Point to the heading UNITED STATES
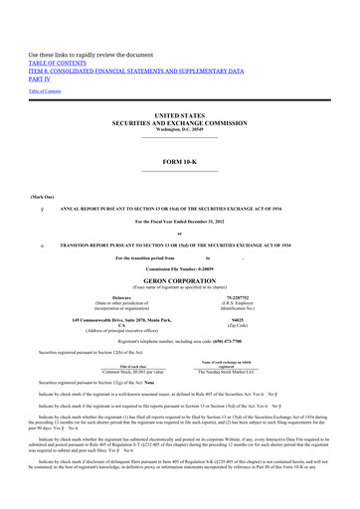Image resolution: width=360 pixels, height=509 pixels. click(x=179, y=116)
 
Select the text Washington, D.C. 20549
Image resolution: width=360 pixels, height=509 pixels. click(x=179, y=132)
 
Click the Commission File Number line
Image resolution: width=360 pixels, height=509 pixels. click(x=179, y=242)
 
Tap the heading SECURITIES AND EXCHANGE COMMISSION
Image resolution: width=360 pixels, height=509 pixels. click(x=179, y=124)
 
